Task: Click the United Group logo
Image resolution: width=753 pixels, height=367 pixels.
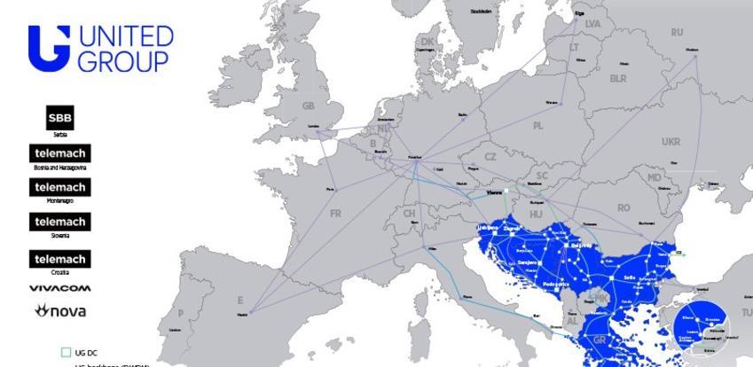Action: click(100, 48)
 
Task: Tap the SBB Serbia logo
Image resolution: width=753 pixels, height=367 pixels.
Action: click(60, 118)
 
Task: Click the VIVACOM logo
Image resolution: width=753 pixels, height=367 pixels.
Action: click(59, 289)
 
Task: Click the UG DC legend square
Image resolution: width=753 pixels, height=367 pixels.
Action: click(65, 353)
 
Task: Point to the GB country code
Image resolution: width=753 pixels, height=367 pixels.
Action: click(309, 105)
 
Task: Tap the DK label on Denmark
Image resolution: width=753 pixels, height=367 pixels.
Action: click(427, 41)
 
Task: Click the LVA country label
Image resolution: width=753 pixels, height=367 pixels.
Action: click(592, 24)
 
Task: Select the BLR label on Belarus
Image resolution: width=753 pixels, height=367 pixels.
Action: click(618, 78)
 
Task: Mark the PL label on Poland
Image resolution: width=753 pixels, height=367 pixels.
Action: click(538, 126)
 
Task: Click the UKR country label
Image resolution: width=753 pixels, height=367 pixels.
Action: click(671, 142)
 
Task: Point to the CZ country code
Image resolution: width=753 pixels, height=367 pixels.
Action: click(490, 157)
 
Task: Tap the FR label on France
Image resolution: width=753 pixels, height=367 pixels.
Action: click(335, 214)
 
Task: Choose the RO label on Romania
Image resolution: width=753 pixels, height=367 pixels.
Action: click(624, 207)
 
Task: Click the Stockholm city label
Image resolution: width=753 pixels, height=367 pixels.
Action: click(480, 12)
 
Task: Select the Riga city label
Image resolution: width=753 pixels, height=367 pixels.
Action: click(579, 13)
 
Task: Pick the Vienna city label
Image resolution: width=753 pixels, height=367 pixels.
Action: click(494, 192)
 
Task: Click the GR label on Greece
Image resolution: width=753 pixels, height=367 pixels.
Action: click(599, 340)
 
